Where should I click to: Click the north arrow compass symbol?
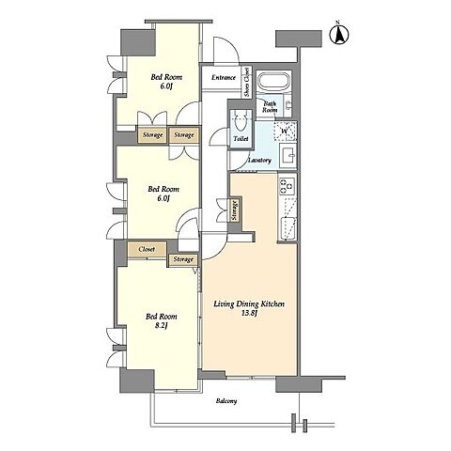click(339, 34)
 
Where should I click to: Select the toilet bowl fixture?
click(241, 121)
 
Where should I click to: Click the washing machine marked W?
click(285, 131)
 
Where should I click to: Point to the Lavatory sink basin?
click(288, 155)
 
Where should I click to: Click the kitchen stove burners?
click(287, 186)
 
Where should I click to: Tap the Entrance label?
click(224, 77)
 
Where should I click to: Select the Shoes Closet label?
click(247, 82)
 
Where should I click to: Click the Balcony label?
click(226, 400)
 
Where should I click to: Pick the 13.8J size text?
click(249, 313)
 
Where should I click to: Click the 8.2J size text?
click(161, 326)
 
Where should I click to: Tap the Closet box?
click(147, 249)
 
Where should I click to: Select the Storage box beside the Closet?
click(183, 260)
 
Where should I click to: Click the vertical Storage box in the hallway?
click(235, 210)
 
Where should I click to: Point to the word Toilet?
click(241, 138)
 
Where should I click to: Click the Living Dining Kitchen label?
click(249, 303)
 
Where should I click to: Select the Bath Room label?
click(270, 106)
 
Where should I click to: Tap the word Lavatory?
click(259, 160)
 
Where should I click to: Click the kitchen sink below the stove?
click(288, 227)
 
